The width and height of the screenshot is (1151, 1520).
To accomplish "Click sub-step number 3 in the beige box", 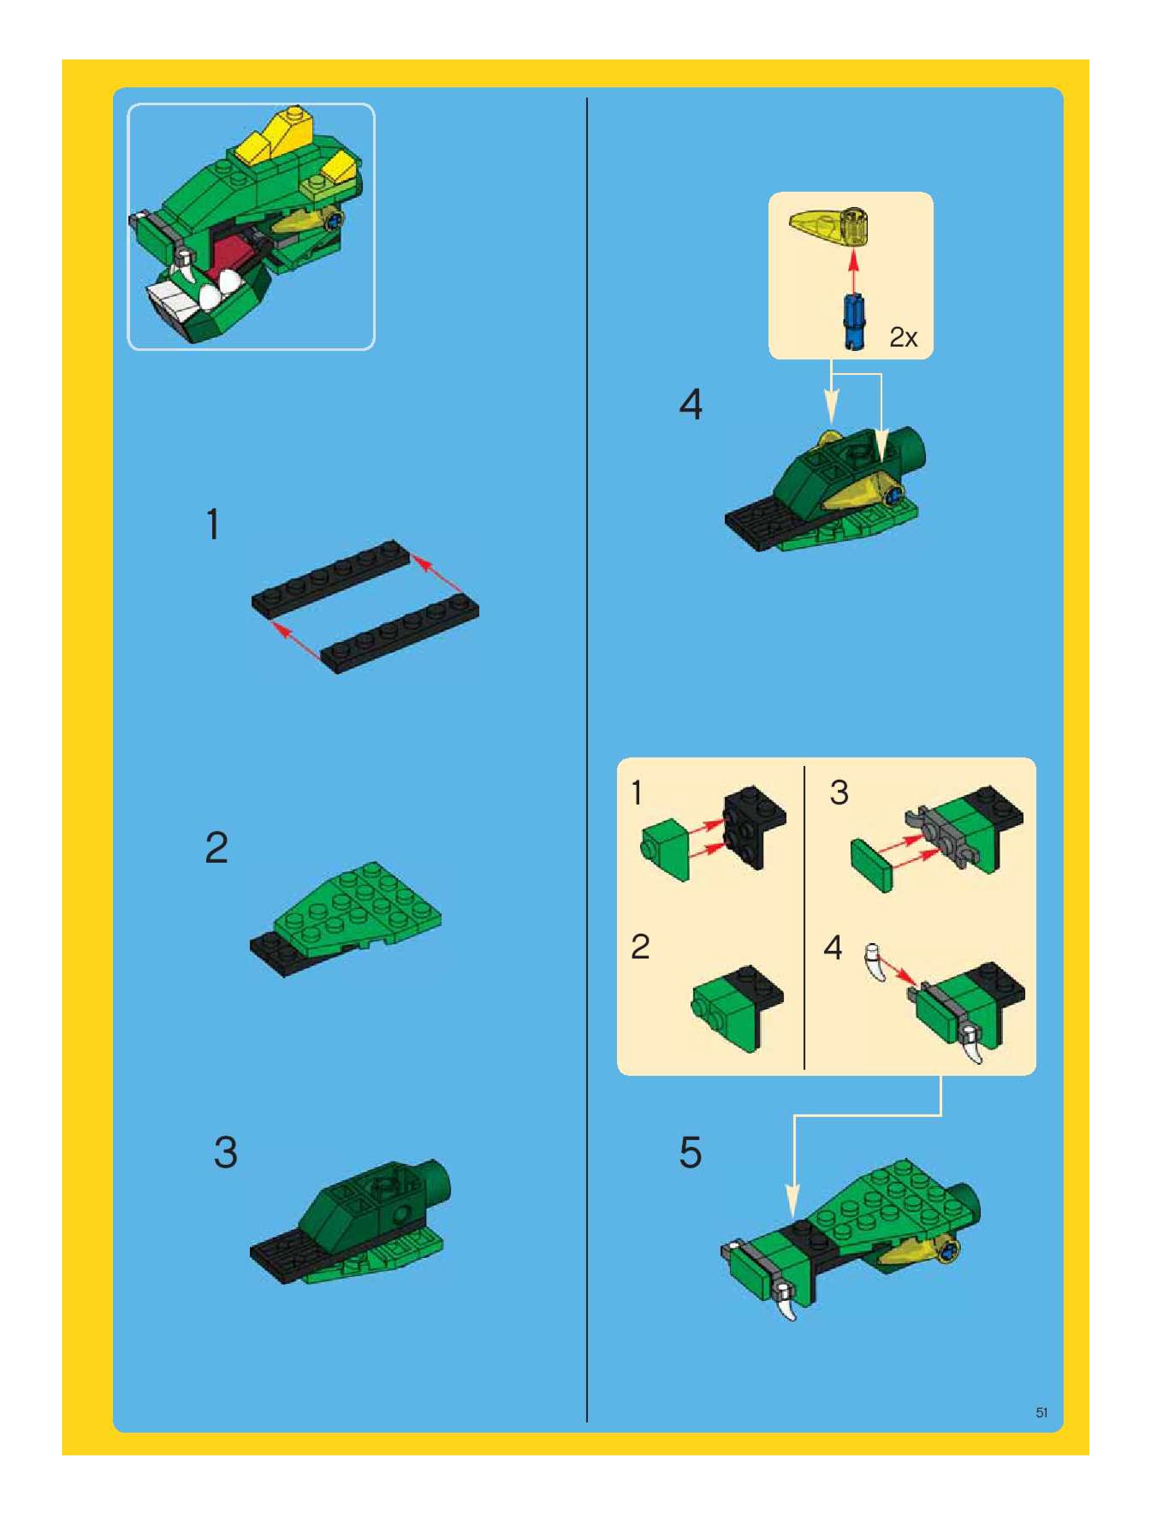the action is point(839,792).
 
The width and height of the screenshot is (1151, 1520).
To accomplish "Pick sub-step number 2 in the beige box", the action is point(640,947).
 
